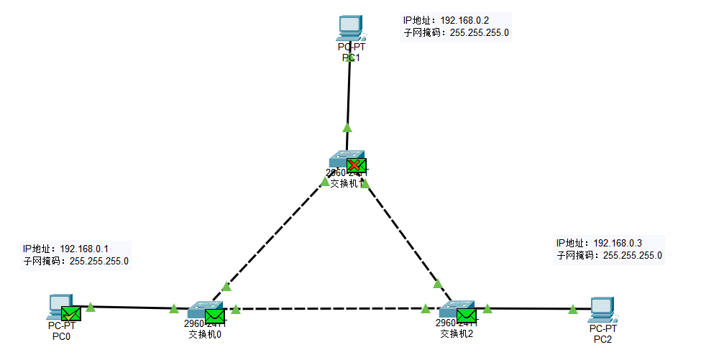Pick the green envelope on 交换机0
point(214,315)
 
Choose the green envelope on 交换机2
point(467,315)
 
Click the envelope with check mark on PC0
point(70,313)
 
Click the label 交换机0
point(206,334)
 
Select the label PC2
point(603,340)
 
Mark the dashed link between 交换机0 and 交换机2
point(331,309)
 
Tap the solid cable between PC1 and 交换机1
point(348,93)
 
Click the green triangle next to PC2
point(572,310)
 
